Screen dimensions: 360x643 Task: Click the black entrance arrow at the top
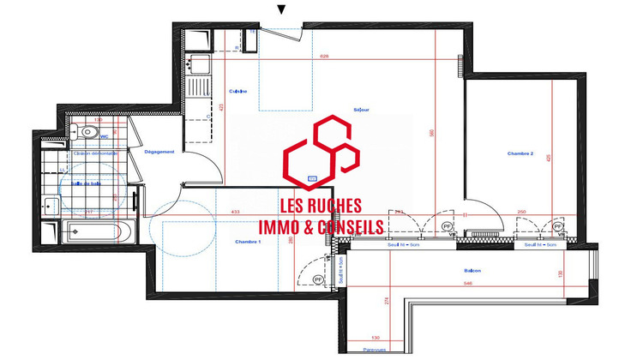(x=280, y=9)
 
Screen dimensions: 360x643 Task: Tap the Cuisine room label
(x=238, y=91)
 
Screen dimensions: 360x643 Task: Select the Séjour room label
(x=361, y=110)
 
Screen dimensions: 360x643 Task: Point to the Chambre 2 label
(x=520, y=153)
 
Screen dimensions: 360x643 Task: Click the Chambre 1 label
(x=248, y=243)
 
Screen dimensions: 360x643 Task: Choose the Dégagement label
(x=159, y=152)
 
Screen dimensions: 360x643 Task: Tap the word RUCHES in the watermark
(x=335, y=207)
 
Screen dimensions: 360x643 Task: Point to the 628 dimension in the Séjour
(x=324, y=57)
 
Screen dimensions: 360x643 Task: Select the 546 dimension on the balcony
(x=468, y=282)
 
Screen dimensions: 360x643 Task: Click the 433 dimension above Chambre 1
(x=233, y=212)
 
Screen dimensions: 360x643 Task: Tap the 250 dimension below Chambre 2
(x=521, y=212)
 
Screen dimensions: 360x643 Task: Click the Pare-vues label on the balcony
(x=373, y=350)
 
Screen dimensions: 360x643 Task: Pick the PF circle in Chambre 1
(x=318, y=279)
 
